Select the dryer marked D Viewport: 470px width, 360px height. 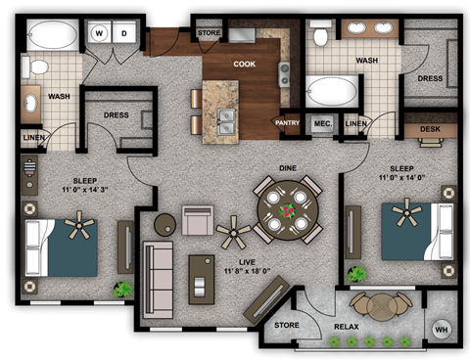pos(124,33)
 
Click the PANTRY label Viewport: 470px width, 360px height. pos(287,123)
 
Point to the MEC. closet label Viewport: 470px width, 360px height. pos(322,123)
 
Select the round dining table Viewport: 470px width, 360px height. pos(288,210)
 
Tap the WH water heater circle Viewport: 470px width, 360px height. pos(441,330)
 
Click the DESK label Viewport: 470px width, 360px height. pos(430,129)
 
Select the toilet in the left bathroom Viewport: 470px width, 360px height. pos(39,67)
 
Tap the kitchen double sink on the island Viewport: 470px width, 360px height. pos(227,123)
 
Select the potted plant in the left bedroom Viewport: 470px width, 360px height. pos(122,289)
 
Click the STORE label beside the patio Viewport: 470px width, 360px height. pos(286,325)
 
